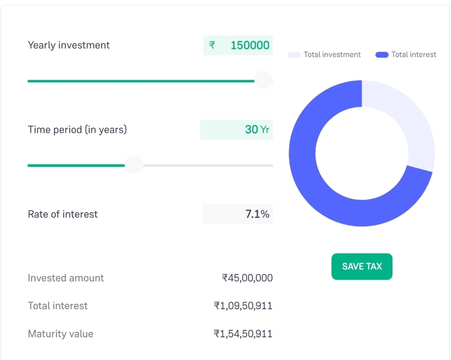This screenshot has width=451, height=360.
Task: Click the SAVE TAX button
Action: [362, 266]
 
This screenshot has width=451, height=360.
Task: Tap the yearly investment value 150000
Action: [250, 45]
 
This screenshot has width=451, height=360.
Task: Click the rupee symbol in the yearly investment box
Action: [212, 45]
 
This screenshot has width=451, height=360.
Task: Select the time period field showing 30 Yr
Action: [237, 130]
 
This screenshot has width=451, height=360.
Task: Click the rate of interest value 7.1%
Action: [257, 214]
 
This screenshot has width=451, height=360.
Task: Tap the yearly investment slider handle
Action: [263, 80]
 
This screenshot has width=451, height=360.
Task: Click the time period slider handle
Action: [134, 165]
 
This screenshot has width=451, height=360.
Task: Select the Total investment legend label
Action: [332, 55]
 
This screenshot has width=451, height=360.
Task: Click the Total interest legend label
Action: [413, 55]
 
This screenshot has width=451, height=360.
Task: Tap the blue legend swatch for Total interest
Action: [382, 55]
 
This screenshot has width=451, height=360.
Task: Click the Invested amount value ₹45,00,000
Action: [247, 278]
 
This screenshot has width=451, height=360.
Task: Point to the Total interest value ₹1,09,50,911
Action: [243, 306]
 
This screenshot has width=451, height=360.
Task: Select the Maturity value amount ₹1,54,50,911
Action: [243, 334]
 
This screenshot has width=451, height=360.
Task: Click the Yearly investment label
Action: [69, 45]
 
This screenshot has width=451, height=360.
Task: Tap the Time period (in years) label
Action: [77, 130]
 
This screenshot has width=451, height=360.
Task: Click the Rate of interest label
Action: [63, 214]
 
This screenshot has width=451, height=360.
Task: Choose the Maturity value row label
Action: [61, 334]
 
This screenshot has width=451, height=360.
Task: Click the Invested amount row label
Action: [66, 278]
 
